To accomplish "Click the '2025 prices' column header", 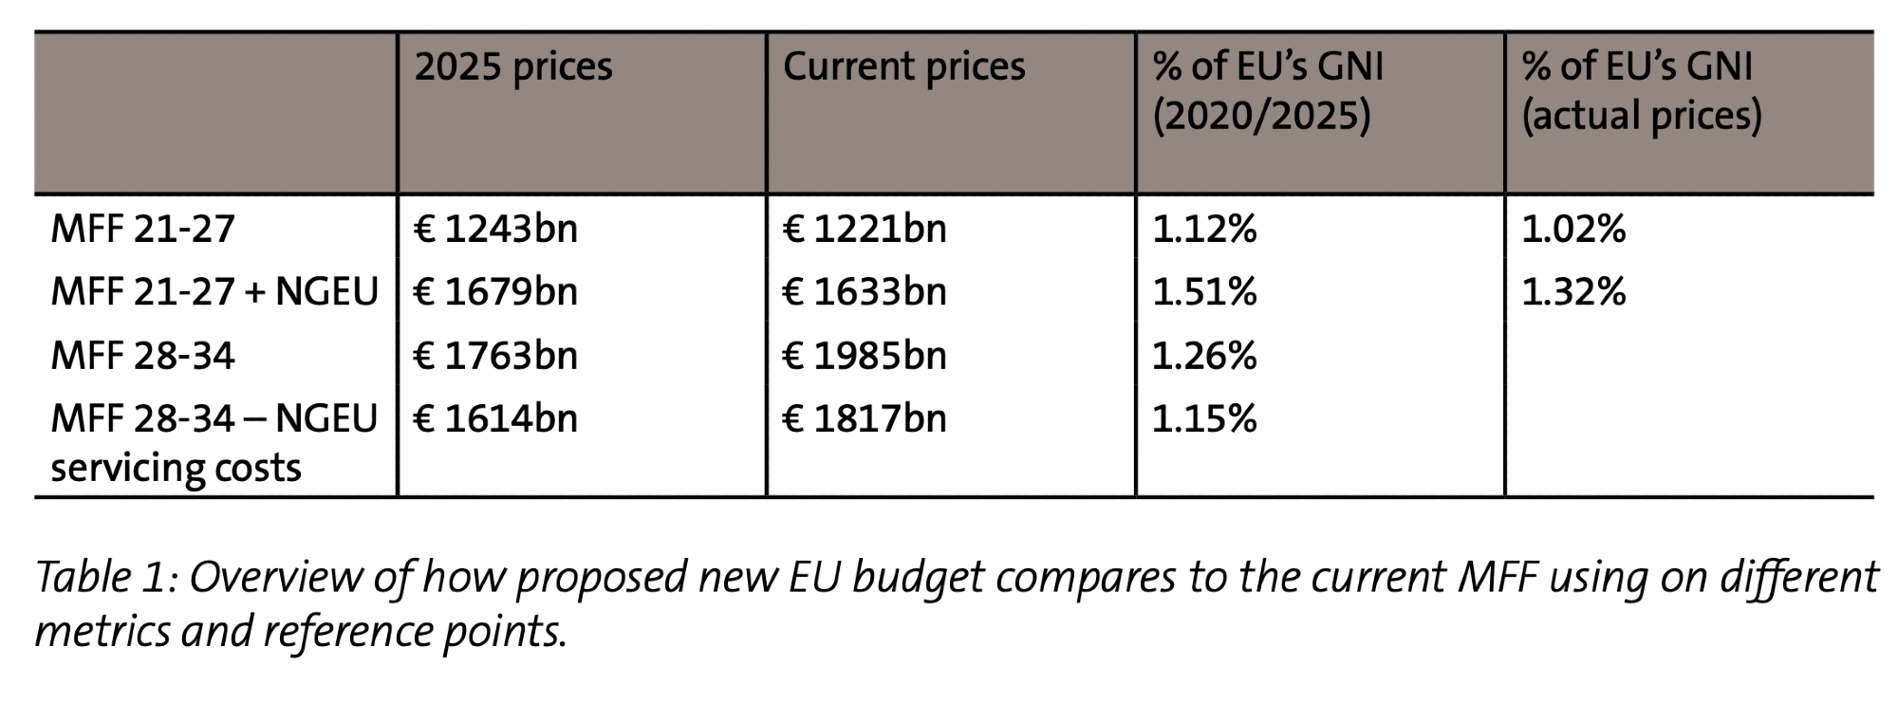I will [x=513, y=67].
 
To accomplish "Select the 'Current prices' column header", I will [x=903, y=67].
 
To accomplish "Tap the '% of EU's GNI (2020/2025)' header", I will [x=1268, y=91].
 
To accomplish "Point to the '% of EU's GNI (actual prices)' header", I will [x=1641, y=91].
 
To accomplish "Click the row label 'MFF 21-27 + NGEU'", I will [x=214, y=291].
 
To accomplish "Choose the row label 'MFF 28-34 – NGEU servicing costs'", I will [x=214, y=442].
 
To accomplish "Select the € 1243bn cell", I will [x=495, y=230].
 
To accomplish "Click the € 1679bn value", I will [x=495, y=291].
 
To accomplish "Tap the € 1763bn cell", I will [x=495, y=356].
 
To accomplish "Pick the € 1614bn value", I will [x=495, y=418].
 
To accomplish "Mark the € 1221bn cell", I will [x=865, y=230].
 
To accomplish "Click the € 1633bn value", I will [x=865, y=291].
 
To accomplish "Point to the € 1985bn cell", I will [x=865, y=356].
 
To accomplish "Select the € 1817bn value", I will [x=865, y=418].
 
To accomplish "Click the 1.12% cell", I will [x=1204, y=230].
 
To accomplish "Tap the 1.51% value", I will [x=1204, y=291].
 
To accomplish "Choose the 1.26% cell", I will [x=1204, y=356].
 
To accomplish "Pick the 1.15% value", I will [x=1204, y=418].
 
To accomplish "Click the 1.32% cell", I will [x=1573, y=291].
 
